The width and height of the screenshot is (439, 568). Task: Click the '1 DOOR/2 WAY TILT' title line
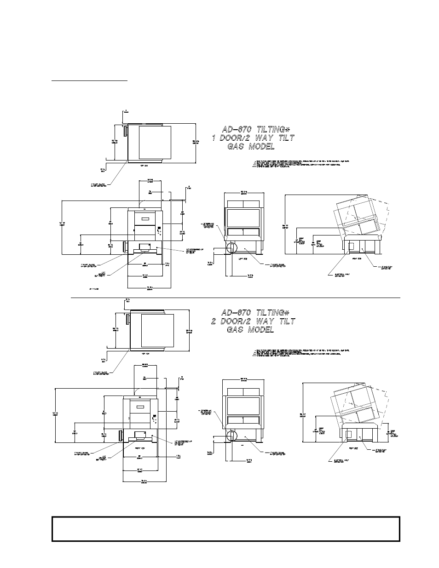[x=253, y=138]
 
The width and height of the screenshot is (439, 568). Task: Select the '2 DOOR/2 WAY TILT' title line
[x=253, y=321]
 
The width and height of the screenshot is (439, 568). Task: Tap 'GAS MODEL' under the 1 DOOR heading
[x=251, y=147]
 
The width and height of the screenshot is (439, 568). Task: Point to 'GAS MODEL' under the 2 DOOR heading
[x=251, y=330]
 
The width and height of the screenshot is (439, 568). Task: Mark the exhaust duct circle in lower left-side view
[x=231, y=435]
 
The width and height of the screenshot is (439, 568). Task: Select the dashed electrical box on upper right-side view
[x=351, y=247]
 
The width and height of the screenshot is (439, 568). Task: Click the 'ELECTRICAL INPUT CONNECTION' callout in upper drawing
[x=333, y=275]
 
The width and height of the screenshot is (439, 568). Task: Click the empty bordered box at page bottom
[x=225, y=528]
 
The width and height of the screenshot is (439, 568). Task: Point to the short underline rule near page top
[x=89, y=80]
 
